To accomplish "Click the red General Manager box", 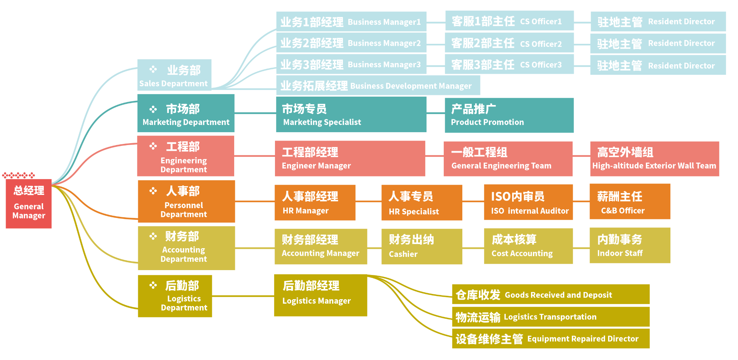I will tap(29, 204).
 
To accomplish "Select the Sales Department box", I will tap(174, 75).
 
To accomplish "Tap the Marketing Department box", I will tap(186, 113).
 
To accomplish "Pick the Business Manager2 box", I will tap(351, 43).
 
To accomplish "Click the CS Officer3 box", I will tap(509, 65).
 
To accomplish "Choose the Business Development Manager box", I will tap(378, 86).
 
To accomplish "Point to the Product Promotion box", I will tap(509, 116).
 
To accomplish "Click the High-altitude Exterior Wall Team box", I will tap(655, 159).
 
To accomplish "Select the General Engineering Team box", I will tap(508, 159).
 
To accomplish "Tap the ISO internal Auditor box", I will tap(528, 202).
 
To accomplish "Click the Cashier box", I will tap(421, 246).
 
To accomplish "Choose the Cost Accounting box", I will tap(528, 246).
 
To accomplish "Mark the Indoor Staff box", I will tap(630, 246).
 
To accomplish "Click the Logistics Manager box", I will tap(320, 295).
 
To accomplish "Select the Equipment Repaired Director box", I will tap(550, 338).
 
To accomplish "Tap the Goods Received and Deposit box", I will tap(550, 294).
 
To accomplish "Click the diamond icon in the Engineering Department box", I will tap(153, 146).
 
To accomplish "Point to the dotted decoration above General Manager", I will tap(19, 175).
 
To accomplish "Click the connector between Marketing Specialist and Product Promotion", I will tap(435, 113).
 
